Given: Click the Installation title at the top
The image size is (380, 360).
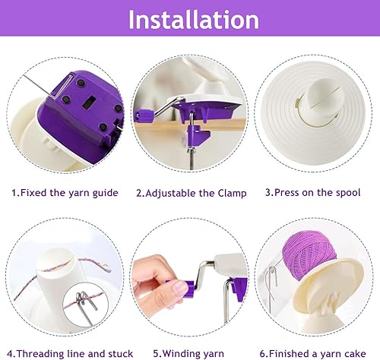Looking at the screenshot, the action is point(194,20).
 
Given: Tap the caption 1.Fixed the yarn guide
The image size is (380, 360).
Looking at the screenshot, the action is point(65,193).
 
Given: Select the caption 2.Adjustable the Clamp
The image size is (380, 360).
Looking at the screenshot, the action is point(192,193).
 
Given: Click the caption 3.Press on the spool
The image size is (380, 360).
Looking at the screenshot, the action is point(312,192).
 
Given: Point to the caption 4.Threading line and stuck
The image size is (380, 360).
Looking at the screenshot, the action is point(70,353).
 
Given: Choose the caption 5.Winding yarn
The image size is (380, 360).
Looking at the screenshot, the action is point(188,353).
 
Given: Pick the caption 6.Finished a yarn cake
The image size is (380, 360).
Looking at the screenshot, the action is point(312,353).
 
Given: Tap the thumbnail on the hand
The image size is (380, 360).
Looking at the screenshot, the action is point(180,289).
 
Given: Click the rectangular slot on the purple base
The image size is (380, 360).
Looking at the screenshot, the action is point(89,103).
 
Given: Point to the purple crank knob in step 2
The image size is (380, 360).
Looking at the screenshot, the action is point(144,116).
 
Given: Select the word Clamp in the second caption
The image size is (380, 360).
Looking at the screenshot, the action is point(232,193).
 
